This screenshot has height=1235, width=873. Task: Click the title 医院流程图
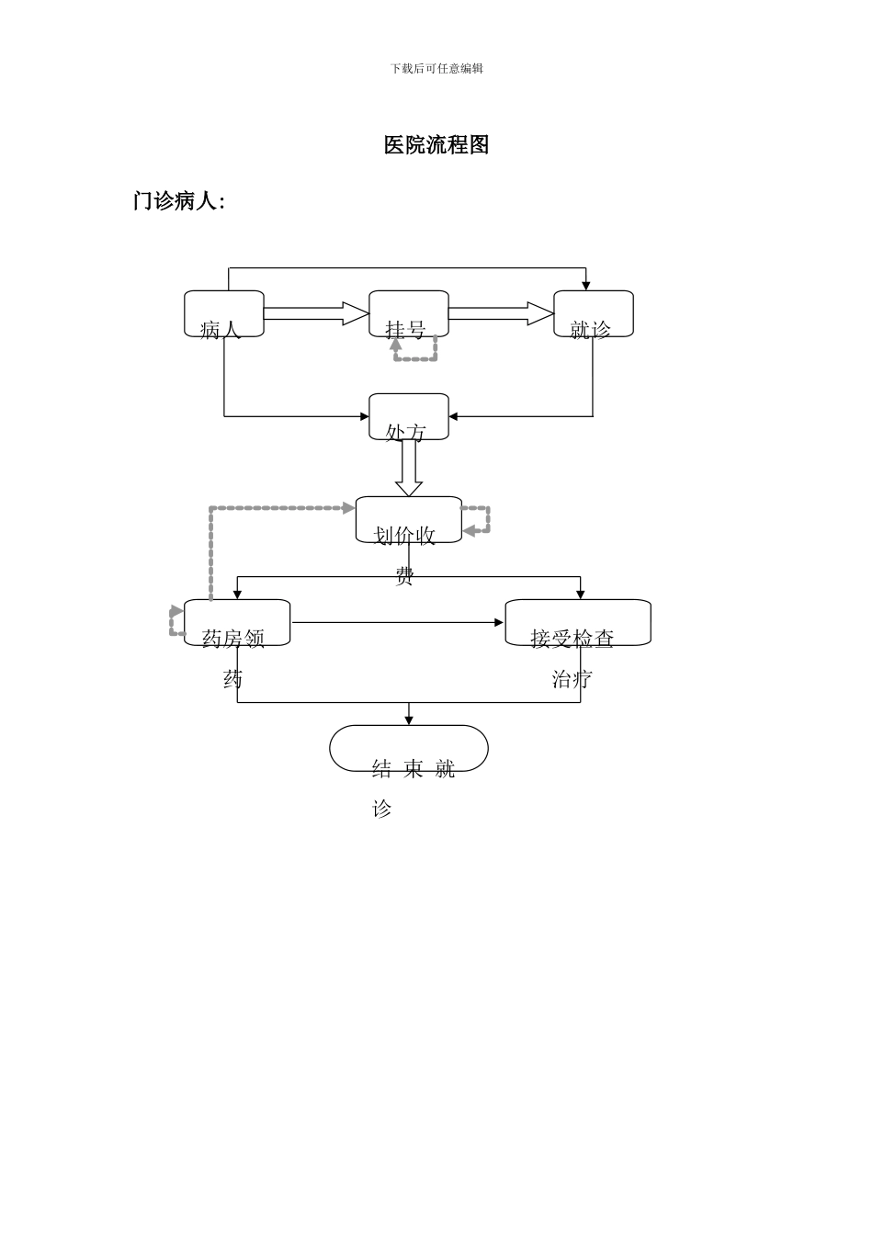[x=436, y=145]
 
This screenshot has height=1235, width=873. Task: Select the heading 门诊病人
[x=178, y=201]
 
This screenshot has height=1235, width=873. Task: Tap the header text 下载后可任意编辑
[x=436, y=69]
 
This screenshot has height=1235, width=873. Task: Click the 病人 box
[x=224, y=314]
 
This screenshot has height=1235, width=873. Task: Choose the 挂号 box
[x=409, y=314]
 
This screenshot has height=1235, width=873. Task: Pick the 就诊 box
[x=594, y=314]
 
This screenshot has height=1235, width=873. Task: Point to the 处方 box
[x=409, y=417]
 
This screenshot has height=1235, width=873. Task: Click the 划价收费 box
[x=409, y=520]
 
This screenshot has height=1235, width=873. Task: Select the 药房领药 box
[x=237, y=623]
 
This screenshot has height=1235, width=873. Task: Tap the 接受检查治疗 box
[x=578, y=623]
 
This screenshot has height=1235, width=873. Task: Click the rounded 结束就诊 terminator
[x=409, y=749]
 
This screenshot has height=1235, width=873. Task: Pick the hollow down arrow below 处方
[x=409, y=469]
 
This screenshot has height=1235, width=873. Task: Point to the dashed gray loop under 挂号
[x=415, y=354]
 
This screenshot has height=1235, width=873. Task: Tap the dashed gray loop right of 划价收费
[x=480, y=520]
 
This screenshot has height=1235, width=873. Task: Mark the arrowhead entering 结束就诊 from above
[x=409, y=720]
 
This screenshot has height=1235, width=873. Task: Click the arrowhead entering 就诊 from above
[x=585, y=286]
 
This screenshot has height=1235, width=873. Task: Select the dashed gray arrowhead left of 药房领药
[x=176, y=612]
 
